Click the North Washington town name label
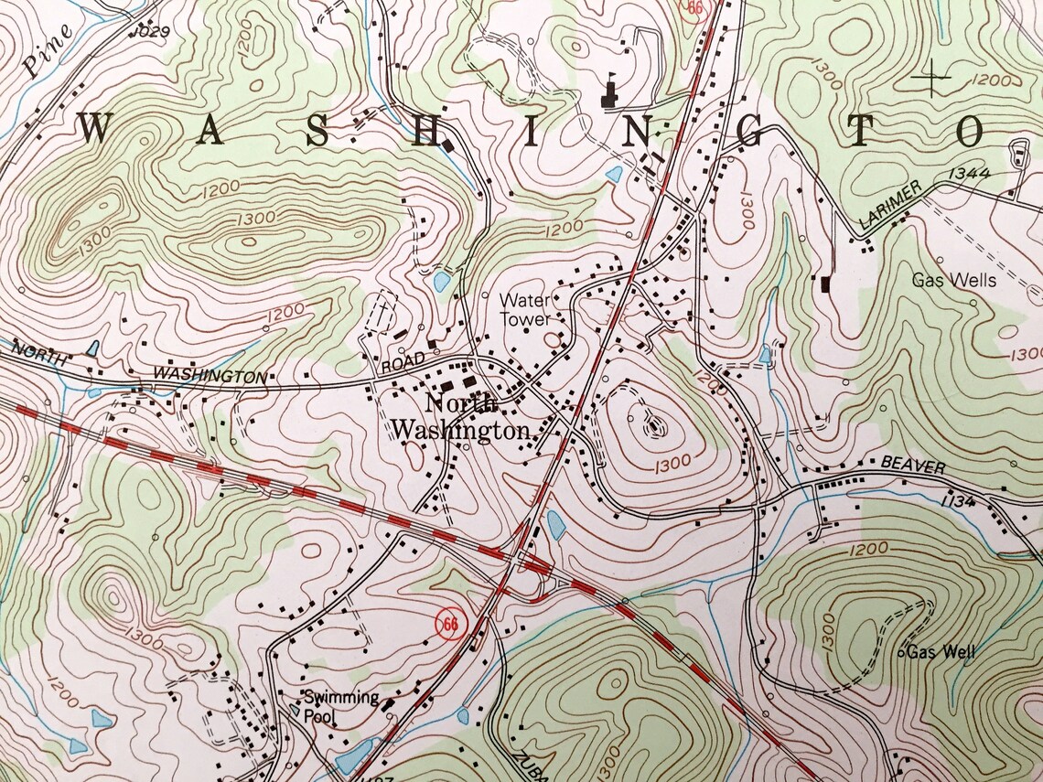tap(460, 417)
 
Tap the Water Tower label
tap(525, 309)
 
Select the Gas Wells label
tap(953, 280)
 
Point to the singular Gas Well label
tap(941, 652)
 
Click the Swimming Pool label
tap(341, 707)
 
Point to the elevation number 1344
tap(971, 173)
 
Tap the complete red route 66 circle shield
tap(448, 625)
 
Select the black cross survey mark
tap(932, 78)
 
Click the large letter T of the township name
tap(863, 131)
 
